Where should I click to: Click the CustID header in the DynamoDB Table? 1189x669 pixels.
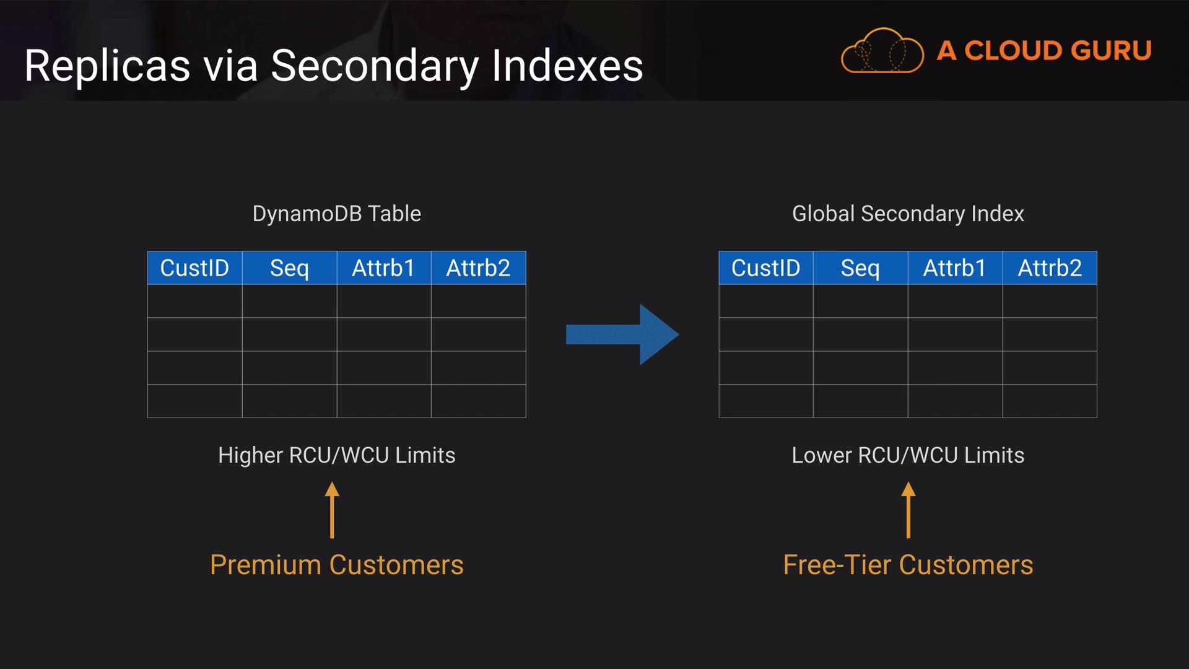coord(194,268)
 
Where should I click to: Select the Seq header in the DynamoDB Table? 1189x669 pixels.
coord(289,268)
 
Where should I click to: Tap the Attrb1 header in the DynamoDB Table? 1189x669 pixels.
coord(383,268)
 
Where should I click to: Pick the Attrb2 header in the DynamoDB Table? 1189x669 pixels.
coord(478,268)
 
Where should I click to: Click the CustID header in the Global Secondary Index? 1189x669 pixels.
coord(765,268)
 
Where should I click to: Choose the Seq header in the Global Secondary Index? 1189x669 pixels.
coord(860,268)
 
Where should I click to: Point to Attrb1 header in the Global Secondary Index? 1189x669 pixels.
coord(954,268)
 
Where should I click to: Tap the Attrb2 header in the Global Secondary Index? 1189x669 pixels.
coord(1050,268)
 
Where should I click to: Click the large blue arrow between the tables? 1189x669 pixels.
coord(622,334)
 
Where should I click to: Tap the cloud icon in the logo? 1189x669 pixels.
coord(882,51)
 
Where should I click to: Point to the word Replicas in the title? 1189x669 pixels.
coord(107,66)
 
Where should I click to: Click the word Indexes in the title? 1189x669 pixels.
coord(567,66)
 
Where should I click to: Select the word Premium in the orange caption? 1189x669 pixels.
coord(265,565)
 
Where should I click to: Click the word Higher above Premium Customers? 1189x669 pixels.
coord(250,455)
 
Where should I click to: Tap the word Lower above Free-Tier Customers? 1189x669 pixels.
coord(821,455)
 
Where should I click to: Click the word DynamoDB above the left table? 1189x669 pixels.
coord(307,214)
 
